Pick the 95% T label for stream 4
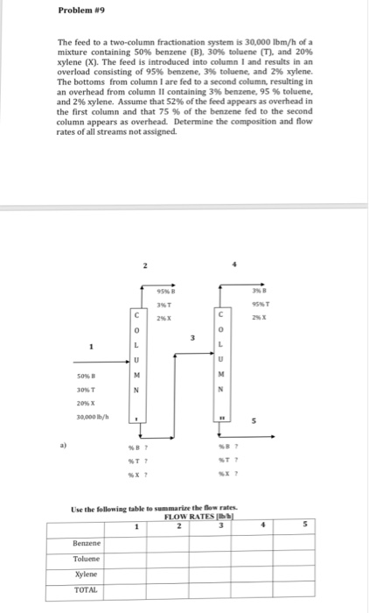tap(257, 306)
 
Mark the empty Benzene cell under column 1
tap(137, 542)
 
